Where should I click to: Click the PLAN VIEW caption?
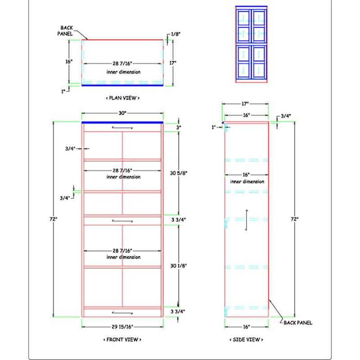122,98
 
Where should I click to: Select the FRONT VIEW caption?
122,340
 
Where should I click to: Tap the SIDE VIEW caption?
246,340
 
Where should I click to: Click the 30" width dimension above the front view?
122,113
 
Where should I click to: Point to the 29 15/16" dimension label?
122,327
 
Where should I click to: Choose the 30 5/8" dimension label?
179,173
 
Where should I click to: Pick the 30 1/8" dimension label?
179,266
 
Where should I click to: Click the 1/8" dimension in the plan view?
176,34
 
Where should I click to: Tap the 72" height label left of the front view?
54,219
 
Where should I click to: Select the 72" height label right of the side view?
295,219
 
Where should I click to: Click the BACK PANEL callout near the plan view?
65,31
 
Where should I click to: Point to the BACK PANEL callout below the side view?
298,323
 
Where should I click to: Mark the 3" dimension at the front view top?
179,127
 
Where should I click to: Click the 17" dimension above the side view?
245,104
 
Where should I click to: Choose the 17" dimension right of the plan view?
173,63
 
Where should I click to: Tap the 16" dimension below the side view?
246,327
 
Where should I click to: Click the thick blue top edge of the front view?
122,122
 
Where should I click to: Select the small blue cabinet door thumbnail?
252,44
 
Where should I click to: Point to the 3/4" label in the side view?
286,116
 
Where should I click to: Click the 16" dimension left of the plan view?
69,62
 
